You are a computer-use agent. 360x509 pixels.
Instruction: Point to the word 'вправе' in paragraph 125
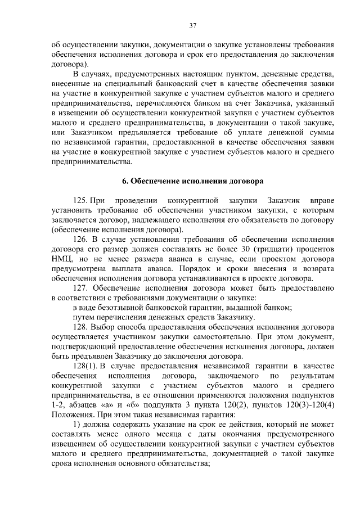tap(321, 200)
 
